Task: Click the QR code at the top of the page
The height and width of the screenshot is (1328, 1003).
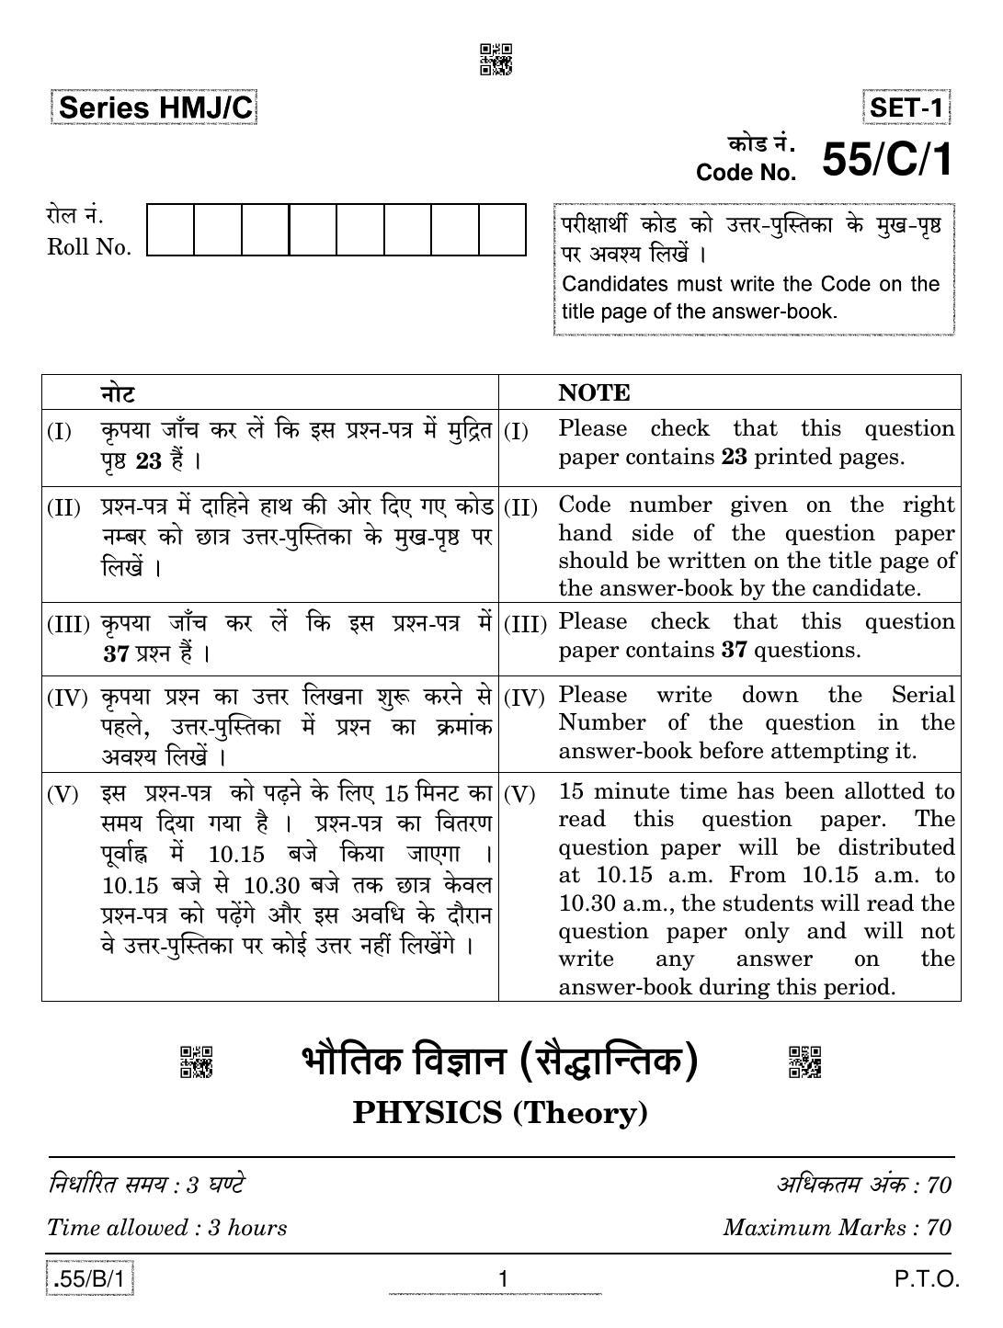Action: click(x=496, y=59)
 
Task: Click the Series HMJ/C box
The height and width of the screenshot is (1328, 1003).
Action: click(x=154, y=108)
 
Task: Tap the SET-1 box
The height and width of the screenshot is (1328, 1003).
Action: click(x=906, y=108)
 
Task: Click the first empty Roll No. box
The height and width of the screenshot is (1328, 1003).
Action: click(x=171, y=230)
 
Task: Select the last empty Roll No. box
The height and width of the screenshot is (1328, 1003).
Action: click(x=502, y=230)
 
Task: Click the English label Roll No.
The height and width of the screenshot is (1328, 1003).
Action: click(x=89, y=247)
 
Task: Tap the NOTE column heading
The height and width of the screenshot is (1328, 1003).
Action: click(x=594, y=392)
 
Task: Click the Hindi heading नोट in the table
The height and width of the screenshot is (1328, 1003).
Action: click(x=118, y=393)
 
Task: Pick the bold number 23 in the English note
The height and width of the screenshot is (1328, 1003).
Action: click(x=734, y=457)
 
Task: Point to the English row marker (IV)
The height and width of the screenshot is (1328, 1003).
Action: click(x=525, y=698)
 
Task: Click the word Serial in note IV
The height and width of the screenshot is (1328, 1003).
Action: click(x=923, y=695)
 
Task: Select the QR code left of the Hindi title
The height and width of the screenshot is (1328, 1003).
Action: click(x=196, y=1061)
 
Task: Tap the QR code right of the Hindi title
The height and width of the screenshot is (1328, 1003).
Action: click(x=804, y=1061)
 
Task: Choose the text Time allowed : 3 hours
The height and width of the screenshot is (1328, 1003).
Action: click(x=166, y=1228)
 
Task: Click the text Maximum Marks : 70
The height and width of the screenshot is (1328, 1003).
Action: click(x=837, y=1228)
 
